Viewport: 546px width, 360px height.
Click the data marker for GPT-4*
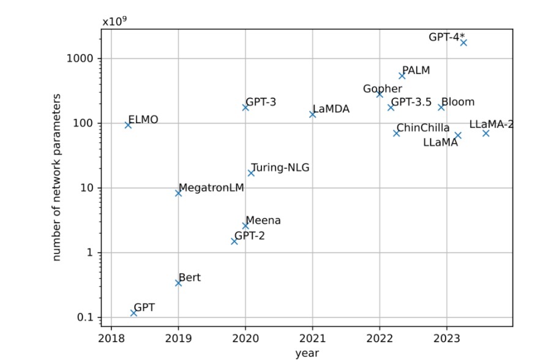(x=463, y=42)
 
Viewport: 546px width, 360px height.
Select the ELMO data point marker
(x=128, y=125)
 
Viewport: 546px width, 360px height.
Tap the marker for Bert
(x=178, y=283)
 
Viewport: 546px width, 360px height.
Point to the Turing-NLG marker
(x=251, y=173)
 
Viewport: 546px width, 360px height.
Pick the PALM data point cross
(x=402, y=75)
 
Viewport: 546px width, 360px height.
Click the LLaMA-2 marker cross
(x=486, y=133)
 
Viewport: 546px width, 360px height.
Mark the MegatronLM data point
(x=178, y=193)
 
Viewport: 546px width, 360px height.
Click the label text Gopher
(x=383, y=89)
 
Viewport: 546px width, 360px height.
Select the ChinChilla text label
(x=423, y=128)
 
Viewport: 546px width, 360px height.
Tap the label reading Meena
(x=263, y=220)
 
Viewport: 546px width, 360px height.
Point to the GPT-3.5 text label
(x=411, y=102)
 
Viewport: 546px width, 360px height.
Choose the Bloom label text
(x=458, y=102)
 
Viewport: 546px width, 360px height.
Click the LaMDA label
(x=331, y=109)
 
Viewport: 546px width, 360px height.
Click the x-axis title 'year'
(x=306, y=353)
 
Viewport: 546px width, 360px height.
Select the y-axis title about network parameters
(x=57, y=178)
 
